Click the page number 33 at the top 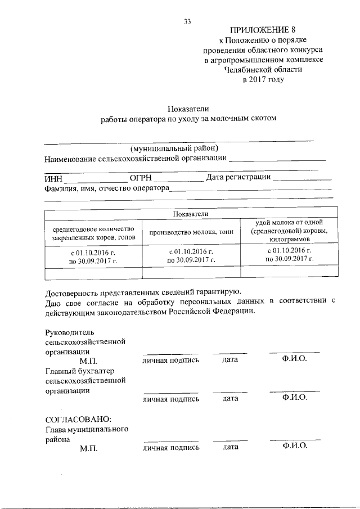pyautogui.click(x=188, y=21)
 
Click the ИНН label pyautogui.click(x=54, y=178)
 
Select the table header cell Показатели pyautogui.click(x=191, y=214)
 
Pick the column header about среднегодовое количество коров pyautogui.click(x=94, y=233)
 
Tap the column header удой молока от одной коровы pyautogui.click(x=289, y=231)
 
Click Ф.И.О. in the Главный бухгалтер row pyautogui.click(x=295, y=397)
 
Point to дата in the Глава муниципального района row pyautogui.click(x=231, y=447)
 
